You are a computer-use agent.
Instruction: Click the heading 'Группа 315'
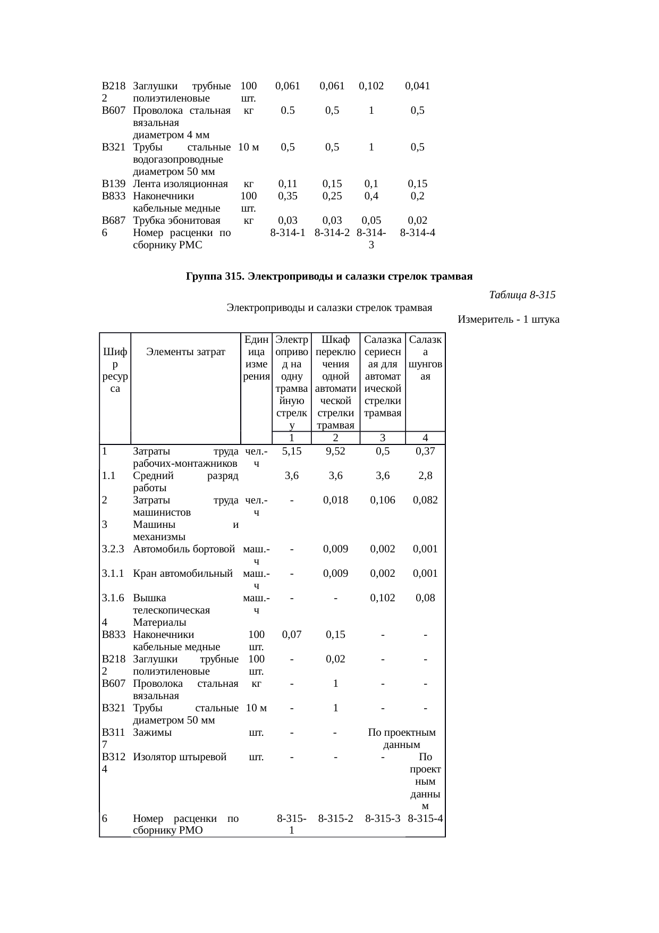[329, 276]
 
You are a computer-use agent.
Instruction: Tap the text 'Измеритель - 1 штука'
[508, 320]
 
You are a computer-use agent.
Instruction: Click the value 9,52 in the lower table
[335, 451]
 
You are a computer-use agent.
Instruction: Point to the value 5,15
[292, 451]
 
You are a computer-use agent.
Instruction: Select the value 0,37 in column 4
[425, 451]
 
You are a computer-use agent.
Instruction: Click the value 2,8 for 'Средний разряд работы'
[425, 475]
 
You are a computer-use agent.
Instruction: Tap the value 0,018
[335, 500]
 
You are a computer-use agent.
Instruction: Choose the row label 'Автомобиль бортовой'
[184, 549]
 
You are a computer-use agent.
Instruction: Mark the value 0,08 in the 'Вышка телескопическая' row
[425, 598]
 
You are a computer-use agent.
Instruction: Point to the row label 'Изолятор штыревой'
[180, 757]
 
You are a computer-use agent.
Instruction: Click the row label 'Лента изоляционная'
[180, 184]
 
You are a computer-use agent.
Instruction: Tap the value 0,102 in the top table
[371, 86]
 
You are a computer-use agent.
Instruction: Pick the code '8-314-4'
[418, 232]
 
